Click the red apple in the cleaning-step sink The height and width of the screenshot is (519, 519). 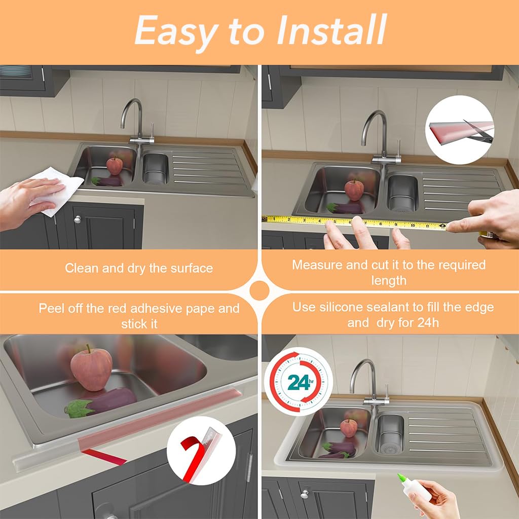click(x=115, y=165)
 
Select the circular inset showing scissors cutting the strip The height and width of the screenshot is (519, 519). click(x=459, y=129)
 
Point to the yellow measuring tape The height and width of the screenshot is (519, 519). click(x=355, y=222)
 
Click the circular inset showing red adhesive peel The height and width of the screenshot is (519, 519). click(x=201, y=451)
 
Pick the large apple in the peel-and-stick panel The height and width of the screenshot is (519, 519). click(x=91, y=367)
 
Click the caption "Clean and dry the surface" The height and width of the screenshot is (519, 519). click(x=139, y=268)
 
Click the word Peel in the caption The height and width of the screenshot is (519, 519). click(x=50, y=308)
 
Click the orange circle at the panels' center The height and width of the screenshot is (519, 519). click(x=259, y=290)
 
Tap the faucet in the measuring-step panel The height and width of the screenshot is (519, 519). click(x=378, y=137)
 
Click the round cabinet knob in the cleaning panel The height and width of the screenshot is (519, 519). click(x=78, y=219)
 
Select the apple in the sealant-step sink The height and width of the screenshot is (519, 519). click(x=348, y=428)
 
